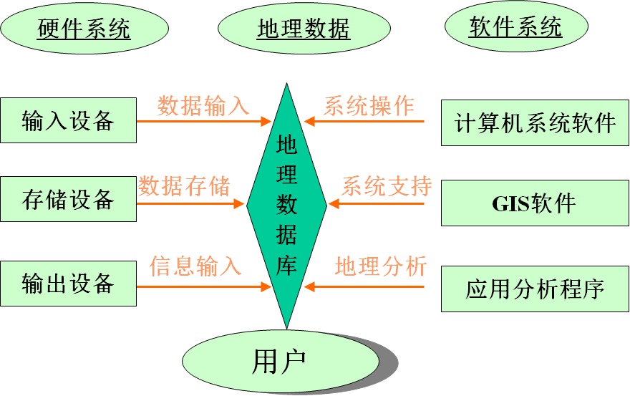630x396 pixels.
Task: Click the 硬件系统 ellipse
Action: click(84, 29)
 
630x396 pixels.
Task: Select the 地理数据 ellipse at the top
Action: click(303, 29)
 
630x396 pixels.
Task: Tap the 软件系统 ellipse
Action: click(515, 27)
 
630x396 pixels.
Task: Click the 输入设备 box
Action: click(68, 120)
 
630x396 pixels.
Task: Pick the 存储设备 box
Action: click(68, 199)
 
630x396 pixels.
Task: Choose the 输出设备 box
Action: click(68, 284)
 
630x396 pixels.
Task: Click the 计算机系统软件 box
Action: click(535, 122)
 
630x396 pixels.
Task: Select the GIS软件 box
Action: click(535, 203)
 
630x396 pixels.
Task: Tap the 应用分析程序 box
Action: click(535, 289)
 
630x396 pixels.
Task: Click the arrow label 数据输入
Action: click(203, 106)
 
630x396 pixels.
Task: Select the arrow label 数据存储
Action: click(185, 186)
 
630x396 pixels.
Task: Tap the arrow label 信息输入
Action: click(195, 266)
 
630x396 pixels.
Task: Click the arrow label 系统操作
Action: click(369, 106)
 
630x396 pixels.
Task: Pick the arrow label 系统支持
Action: click(387, 186)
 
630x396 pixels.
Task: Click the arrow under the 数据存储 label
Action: click(190, 204)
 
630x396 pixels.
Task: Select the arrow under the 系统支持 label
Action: click(377, 204)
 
